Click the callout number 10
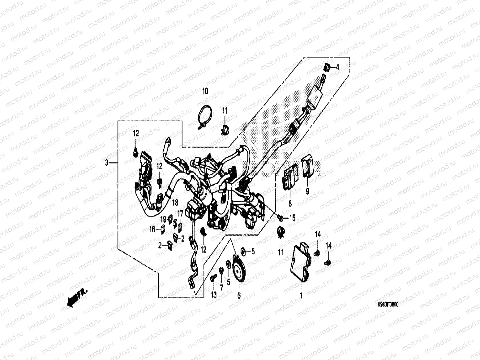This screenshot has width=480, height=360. [205, 91]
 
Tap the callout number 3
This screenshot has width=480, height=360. [107, 163]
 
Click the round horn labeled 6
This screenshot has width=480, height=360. [239, 268]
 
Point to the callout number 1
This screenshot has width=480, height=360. [301, 296]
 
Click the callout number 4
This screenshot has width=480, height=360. [337, 67]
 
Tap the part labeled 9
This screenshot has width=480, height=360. [308, 167]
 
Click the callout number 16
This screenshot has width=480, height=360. [152, 229]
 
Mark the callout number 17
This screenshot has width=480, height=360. [180, 213]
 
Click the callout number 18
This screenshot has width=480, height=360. [175, 203]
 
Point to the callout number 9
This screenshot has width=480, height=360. [307, 192]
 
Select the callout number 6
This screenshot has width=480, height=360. [239, 295]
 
